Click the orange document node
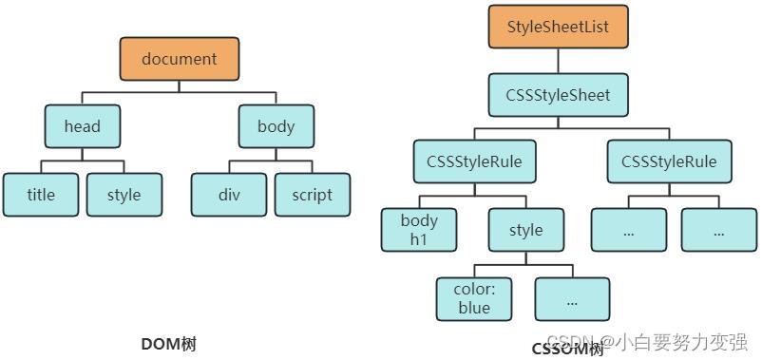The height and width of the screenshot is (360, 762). pyautogui.click(x=180, y=59)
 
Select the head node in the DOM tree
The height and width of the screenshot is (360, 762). pyautogui.click(x=83, y=126)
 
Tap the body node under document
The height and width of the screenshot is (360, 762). pyautogui.click(x=276, y=126)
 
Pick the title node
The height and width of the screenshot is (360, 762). pyautogui.click(x=41, y=195)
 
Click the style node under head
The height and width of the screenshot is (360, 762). pyautogui.click(x=124, y=195)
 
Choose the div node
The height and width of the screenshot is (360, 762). pyautogui.click(x=229, y=195)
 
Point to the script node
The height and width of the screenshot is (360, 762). pyautogui.click(x=313, y=195)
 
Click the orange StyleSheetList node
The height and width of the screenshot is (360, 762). pyautogui.click(x=558, y=27)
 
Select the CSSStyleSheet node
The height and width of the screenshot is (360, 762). pyautogui.click(x=558, y=95)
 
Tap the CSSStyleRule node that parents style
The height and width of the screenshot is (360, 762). pyautogui.click(x=468, y=161)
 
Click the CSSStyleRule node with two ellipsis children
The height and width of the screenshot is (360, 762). pyautogui.click(x=669, y=161)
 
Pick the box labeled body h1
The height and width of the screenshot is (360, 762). pyautogui.click(x=419, y=230)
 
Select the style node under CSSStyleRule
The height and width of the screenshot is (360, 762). pyautogui.click(x=525, y=230)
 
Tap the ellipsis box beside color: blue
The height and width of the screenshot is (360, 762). pyautogui.click(x=572, y=299)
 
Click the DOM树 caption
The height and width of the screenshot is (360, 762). pyautogui.click(x=168, y=344)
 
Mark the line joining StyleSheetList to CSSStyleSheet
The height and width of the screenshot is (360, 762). pyautogui.click(x=558, y=61)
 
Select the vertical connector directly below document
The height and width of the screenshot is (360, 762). pyautogui.click(x=180, y=86)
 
